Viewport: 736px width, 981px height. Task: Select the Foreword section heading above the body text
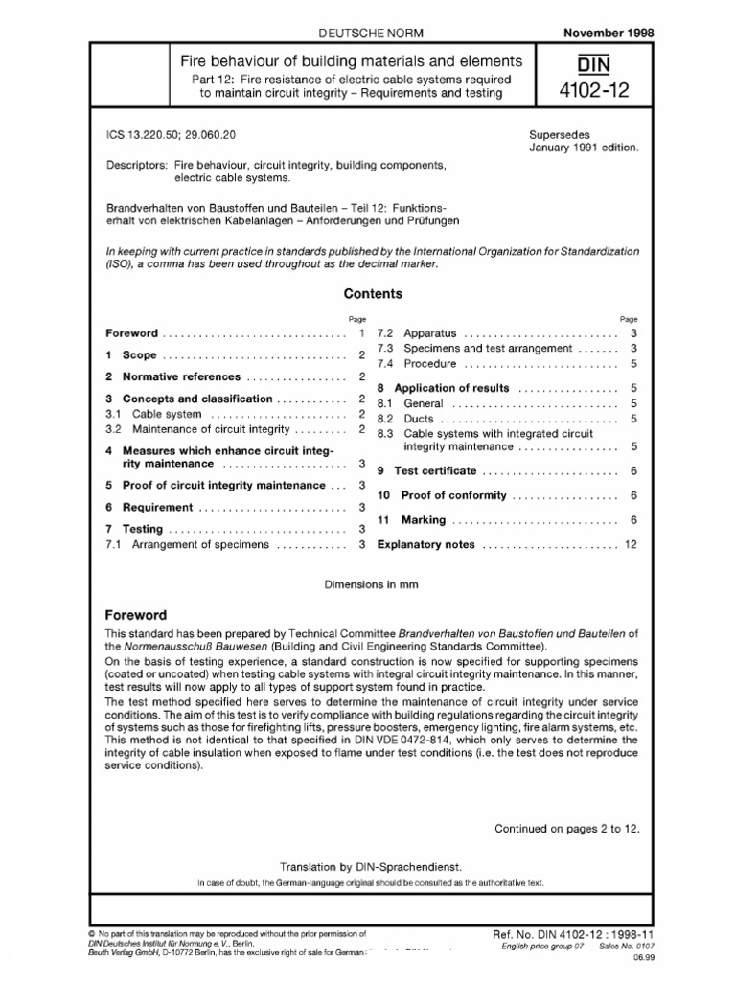point(136,615)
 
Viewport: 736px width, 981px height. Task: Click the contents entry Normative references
point(178,376)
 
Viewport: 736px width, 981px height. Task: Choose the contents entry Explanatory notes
point(426,544)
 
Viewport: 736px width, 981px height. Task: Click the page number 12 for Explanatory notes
point(630,544)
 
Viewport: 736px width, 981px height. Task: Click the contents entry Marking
point(423,520)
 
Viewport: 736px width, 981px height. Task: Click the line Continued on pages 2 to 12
point(564,828)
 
